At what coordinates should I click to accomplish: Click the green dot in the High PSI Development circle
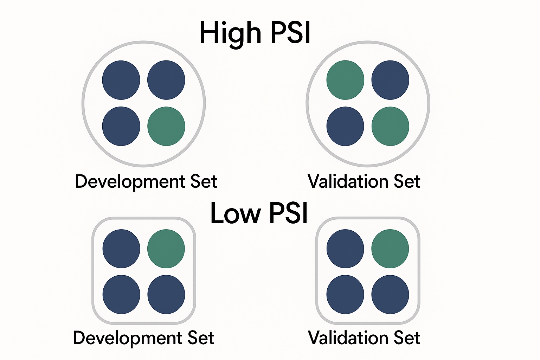point(166,126)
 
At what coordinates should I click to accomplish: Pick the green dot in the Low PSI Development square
point(166,249)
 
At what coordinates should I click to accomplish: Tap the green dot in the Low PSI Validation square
point(390,249)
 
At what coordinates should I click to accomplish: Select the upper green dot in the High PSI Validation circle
point(345,80)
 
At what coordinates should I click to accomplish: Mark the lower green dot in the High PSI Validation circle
point(390,126)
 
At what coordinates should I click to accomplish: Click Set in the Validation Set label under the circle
point(407,181)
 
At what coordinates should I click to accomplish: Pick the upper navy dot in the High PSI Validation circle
point(390,80)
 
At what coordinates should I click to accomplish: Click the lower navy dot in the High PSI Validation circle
point(345,126)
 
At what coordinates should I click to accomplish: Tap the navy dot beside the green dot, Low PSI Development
point(121,249)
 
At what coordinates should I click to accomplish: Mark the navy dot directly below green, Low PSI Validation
point(390,294)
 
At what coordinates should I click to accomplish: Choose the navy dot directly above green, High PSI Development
point(166,80)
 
